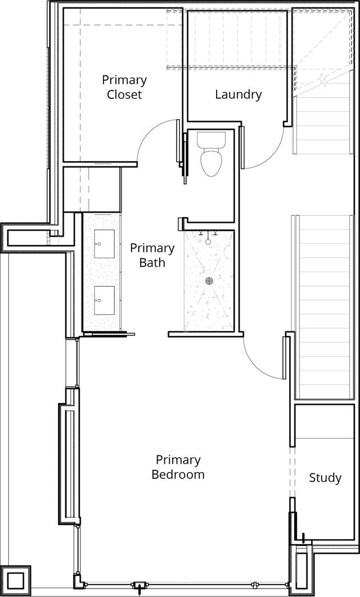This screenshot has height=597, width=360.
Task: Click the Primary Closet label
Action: [x=124, y=87]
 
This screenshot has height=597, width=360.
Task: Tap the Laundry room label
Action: [x=238, y=94]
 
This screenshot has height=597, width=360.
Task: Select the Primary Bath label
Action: [x=152, y=255]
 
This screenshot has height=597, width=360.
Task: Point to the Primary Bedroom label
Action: [x=178, y=467]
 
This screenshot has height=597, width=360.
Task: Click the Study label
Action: [x=325, y=477]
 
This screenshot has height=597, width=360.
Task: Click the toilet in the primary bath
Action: [x=211, y=154]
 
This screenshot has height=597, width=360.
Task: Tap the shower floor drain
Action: [x=209, y=281]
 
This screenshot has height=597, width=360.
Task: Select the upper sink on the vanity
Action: [x=105, y=243]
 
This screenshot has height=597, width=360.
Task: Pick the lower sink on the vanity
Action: [x=105, y=301]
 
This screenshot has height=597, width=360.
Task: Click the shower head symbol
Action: [x=208, y=239]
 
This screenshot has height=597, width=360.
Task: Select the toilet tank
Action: [x=211, y=140]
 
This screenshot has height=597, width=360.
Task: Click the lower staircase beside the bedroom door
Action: [x=324, y=307]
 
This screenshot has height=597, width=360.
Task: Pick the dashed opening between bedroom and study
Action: [x=291, y=472]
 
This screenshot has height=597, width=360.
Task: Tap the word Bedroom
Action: [x=178, y=474]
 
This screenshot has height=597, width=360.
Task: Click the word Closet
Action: [x=124, y=94]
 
